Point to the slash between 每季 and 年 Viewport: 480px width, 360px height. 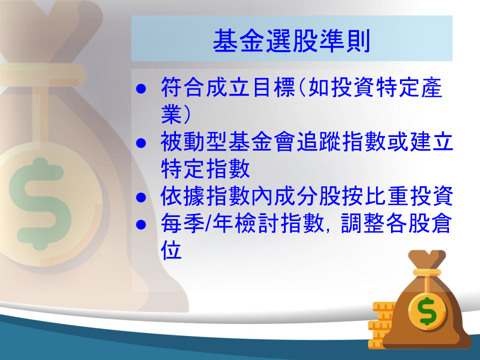pos(208,223)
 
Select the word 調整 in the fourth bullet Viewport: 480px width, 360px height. pos(363,223)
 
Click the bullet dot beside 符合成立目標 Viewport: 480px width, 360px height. pos(141,89)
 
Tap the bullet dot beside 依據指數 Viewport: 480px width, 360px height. pos(141,197)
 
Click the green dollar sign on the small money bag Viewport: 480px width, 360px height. pos(427,311)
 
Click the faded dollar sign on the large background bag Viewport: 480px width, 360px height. pos(40,204)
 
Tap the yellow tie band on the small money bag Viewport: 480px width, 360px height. pos(426,272)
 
